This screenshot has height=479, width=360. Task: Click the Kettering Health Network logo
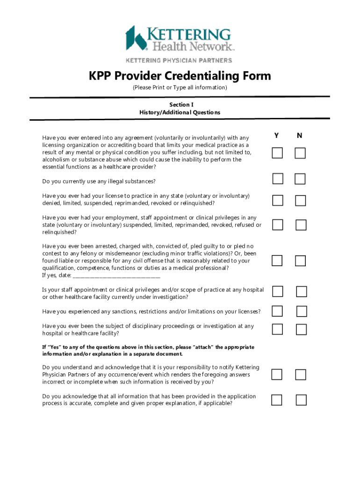[x=180, y=39]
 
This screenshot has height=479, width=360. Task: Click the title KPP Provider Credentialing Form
[x=180, y=76]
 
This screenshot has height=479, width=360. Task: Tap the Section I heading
[x=180, y=105]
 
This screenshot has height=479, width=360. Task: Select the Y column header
[x=277, y=136]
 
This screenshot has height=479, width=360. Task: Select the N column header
[x=300, y=136]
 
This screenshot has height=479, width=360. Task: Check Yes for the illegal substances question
[x=278, y=178]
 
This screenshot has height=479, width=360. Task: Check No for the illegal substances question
[x=300, y=179]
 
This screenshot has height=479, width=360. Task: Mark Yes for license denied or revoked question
[x=278, y=200]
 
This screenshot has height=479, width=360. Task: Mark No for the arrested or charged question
[x=300, y=261]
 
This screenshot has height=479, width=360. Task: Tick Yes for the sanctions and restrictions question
[x=278, y=311]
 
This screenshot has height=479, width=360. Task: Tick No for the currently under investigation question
[x=302, y=292]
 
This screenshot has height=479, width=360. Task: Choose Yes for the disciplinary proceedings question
[x=278, y=329]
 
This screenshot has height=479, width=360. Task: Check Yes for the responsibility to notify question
[x=277, y=374]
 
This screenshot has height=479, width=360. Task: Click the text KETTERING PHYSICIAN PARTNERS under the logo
[x=178, y=60]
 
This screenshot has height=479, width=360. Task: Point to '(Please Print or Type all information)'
[x=180, y=88]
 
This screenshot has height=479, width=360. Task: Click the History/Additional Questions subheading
[x=180, y=112]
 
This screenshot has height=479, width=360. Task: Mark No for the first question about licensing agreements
[x=300, y=153]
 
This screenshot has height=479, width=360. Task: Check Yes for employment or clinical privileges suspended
[x=278, y=225]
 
